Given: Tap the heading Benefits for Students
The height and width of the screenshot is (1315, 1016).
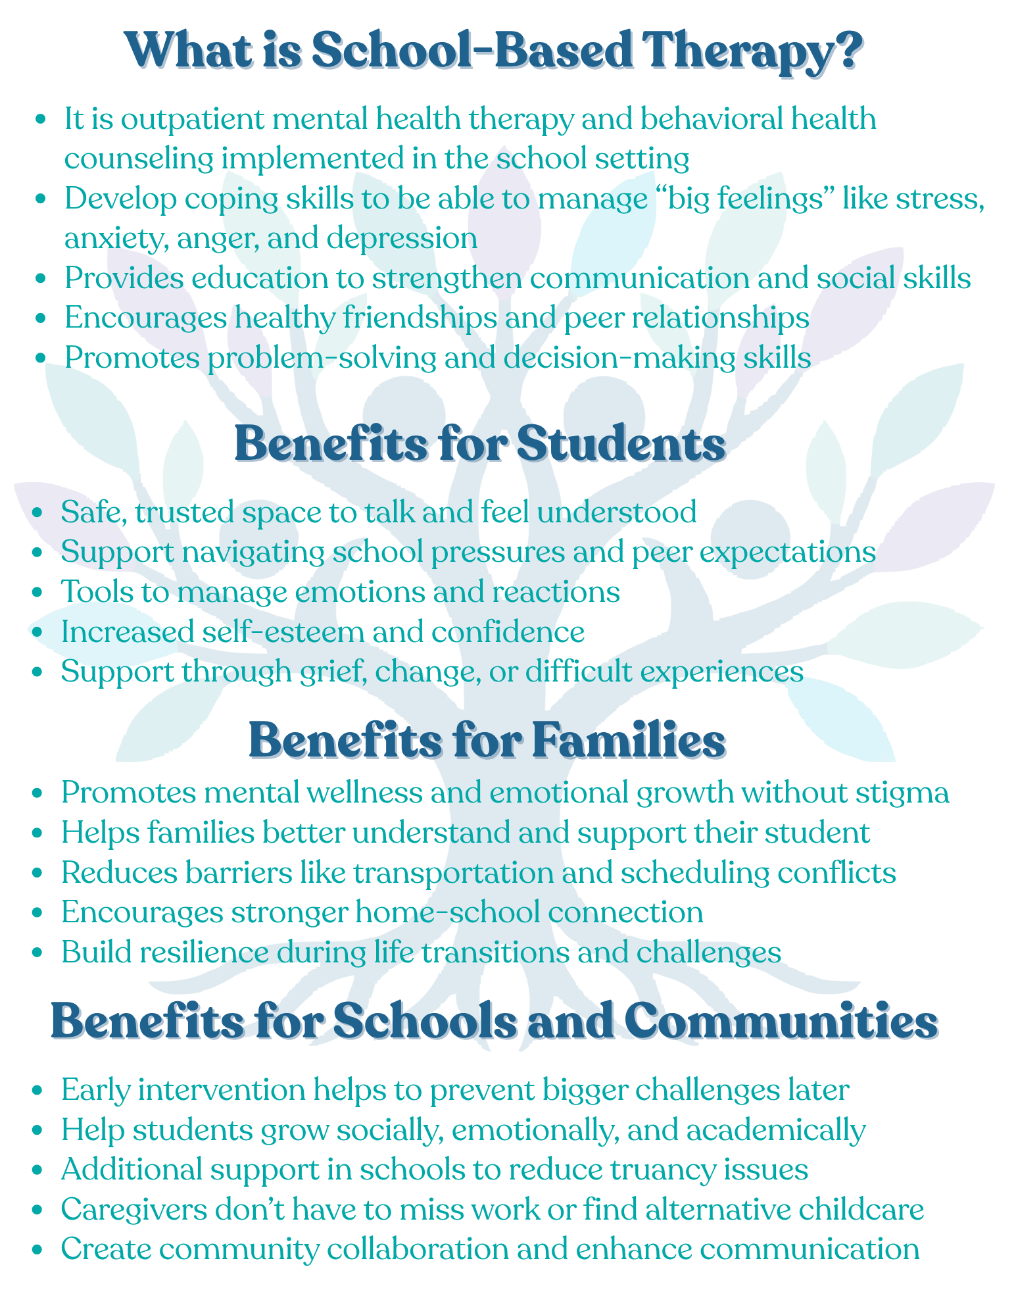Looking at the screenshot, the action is [480, 444].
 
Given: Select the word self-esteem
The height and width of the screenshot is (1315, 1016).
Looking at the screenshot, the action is [283, 632].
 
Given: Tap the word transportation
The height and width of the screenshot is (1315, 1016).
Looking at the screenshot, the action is [454, 873].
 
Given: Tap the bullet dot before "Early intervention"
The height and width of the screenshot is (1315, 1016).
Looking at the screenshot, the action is [37, 1091].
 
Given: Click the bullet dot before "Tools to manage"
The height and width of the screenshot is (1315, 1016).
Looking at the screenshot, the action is [37, 592].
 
